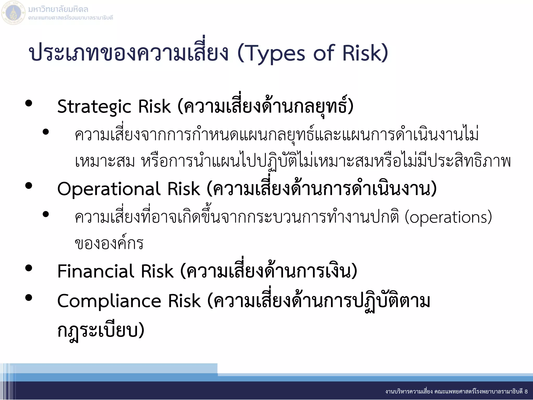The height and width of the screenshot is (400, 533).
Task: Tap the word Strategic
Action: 94,107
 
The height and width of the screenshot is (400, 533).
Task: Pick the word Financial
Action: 95,271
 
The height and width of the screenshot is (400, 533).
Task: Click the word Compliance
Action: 109,301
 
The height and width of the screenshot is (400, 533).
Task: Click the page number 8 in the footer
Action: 526,391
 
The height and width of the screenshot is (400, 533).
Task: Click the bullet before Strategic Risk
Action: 29,104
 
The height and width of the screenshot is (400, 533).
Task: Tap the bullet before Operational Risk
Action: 29,186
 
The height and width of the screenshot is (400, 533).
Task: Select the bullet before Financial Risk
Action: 29,268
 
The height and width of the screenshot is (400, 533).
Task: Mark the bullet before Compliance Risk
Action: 29,298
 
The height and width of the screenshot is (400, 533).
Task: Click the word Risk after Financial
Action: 157,271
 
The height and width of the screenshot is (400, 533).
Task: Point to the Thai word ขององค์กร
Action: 109,244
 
